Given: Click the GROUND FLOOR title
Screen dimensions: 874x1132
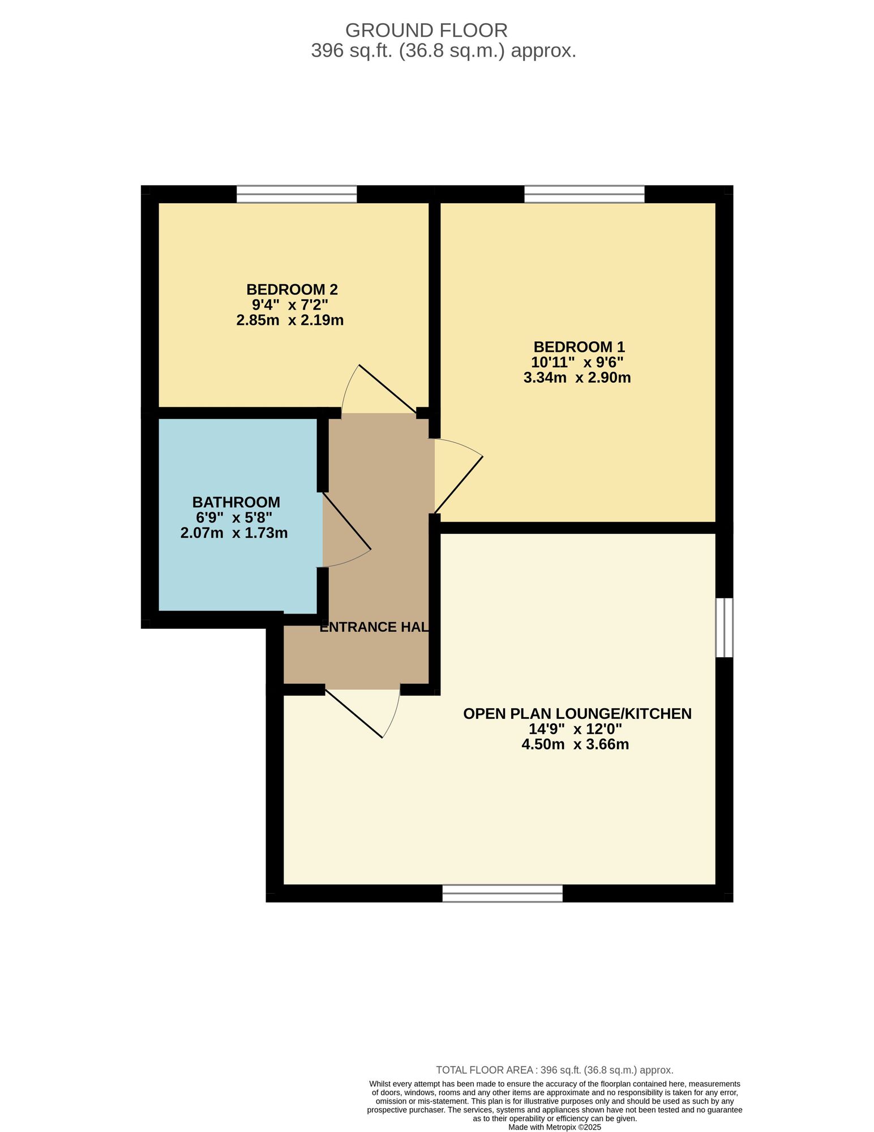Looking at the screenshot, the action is pyautogui.click(x=426, y=30).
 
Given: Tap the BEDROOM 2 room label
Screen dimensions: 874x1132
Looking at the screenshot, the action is pyautogui.click(x=292, y=289).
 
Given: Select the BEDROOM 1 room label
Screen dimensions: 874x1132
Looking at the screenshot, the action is pyautogui.click(x=579, y=346).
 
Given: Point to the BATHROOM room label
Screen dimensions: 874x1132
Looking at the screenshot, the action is pyautogui.click(x=236, y=502).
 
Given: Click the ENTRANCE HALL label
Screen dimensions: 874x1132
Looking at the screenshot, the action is pyautogui.click(x=374, y=627).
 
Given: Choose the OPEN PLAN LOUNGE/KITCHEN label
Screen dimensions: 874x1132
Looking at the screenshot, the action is pyautogui.click(x=577, y=714).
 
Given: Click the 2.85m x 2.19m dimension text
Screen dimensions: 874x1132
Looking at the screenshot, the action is pyautogui.click(x=290, y=320).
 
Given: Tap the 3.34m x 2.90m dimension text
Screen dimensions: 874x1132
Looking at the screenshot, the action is pyautogui.click(x=577, y=378).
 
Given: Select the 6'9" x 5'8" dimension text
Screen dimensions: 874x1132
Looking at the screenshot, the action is pyautogui.click(x=234, y=517).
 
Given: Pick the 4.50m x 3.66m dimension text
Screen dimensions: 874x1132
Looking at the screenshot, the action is pyautogui.click(x=575, y=744).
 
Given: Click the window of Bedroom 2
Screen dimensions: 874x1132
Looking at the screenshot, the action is pyautogui.click(x=297, y=194).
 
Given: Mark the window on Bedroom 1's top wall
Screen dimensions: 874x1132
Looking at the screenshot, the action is pyautogui.click(x=585, y=194).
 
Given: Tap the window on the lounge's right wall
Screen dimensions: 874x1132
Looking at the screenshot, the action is pyautogui.click(x=725, y=628).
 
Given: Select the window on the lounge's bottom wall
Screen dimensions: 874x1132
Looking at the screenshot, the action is pyautogui.click(x=503, y=893).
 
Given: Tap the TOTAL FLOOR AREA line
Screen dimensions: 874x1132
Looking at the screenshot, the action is pyautogui.click(x=555, y=1070).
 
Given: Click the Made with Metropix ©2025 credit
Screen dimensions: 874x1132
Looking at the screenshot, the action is pyautogui.click(x=555, y=1127).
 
